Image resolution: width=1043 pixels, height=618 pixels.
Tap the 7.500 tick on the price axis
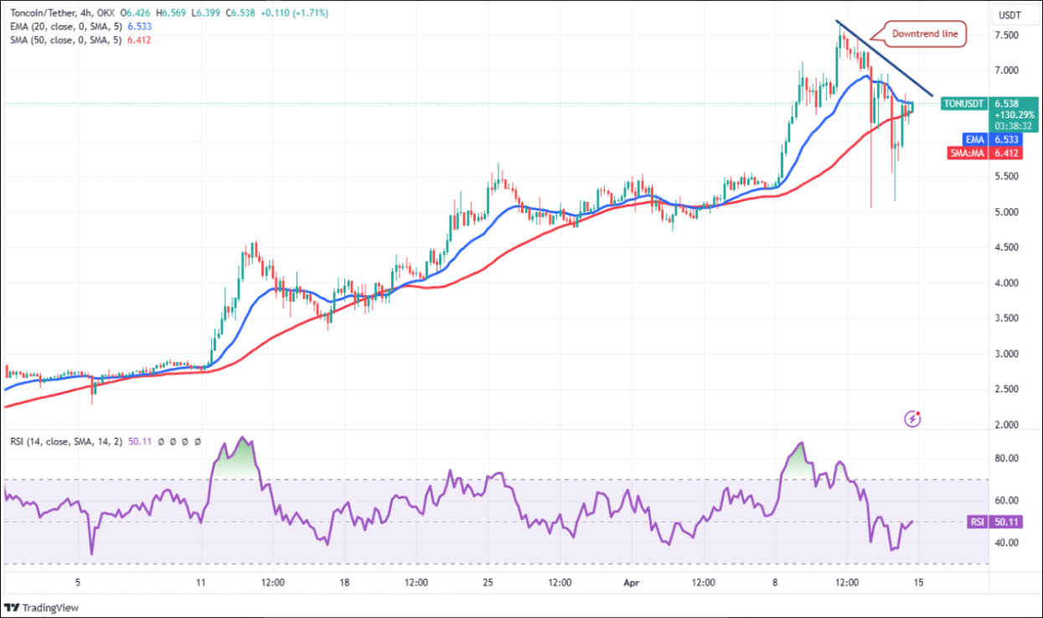tap(1006, 35)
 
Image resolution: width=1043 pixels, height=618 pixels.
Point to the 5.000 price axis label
tap(1006, 212)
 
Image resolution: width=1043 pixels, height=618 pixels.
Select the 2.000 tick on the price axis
tap(1006, 425)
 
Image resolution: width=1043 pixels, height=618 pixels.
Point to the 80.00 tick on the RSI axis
tap(1006, 459)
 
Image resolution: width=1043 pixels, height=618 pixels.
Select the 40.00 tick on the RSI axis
tap(1006, 543)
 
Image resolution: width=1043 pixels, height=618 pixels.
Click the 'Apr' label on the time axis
tap(632, 583)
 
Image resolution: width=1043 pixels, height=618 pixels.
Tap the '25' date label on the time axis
tap(488, 583)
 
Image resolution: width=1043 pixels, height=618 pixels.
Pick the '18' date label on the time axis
tap(344, 583)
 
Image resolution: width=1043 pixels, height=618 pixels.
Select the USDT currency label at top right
tap(1009, 15)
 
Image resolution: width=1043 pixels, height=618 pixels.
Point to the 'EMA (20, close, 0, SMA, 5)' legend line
tap(67, 27)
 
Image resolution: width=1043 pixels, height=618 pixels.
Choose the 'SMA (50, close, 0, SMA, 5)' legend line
tap(67, 40)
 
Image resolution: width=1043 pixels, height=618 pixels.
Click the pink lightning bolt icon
tap(913, 418)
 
